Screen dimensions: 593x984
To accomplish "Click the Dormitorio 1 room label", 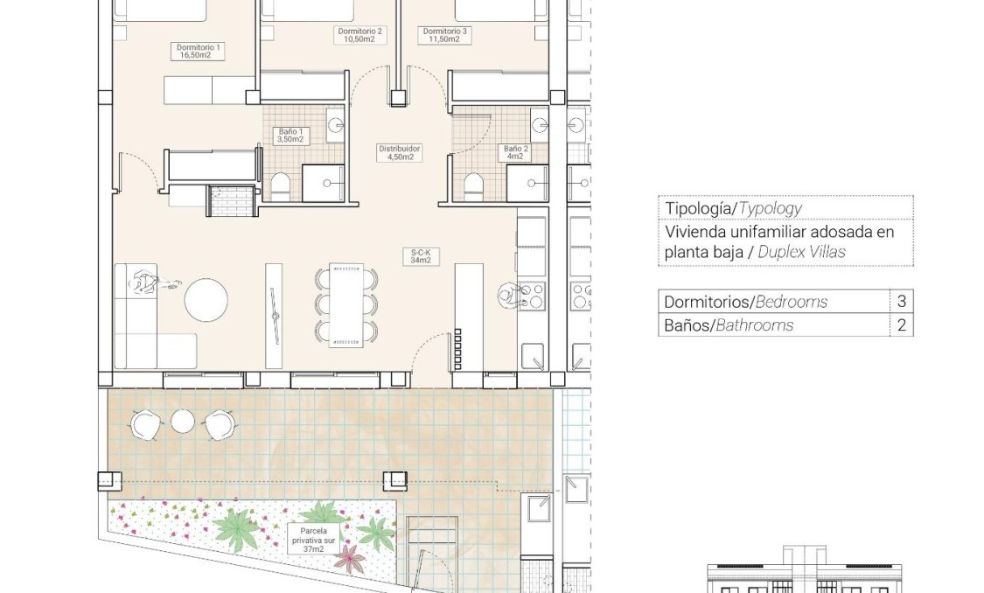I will pos(199,51).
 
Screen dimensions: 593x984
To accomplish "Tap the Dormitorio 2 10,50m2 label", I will pos(359,35).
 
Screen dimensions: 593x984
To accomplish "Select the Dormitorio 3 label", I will pos(445,35).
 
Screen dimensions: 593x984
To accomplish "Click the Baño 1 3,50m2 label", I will pos(290,135).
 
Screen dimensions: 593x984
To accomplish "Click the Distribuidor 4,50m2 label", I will pos(400,153).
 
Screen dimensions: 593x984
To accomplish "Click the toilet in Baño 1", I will pos(280,186).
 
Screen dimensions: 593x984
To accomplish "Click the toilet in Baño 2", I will pos(473,186).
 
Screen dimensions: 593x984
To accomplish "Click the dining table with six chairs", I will pos(345,303).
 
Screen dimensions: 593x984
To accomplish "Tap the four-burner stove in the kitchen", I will pos(531,295).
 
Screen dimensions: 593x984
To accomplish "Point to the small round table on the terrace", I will pos(182,422).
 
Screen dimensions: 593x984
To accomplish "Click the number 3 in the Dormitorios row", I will pos(901,302).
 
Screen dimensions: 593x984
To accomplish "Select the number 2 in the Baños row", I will pos(901,325).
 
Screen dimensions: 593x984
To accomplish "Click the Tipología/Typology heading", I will pos(733,208).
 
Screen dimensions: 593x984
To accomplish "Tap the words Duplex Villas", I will pos(801,253).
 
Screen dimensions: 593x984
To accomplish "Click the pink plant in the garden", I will pos(350,558).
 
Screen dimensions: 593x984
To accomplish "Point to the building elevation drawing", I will pos(805,573).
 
